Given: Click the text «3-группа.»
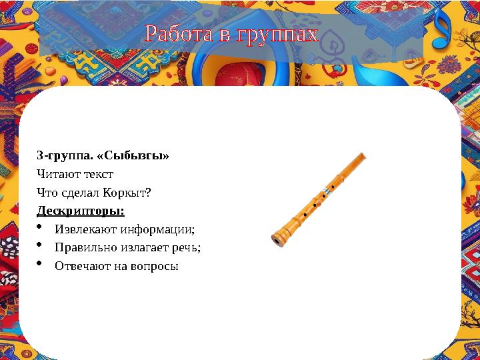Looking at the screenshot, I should [x=59, y=156].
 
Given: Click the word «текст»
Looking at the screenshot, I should [x=98, y=175].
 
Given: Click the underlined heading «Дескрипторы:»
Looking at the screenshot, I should [x=80, y=211].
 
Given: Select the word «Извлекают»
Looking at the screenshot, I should [x=86, y=230].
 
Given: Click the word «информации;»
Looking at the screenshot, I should [x=158, y=230].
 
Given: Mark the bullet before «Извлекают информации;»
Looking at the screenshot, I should [x=41, y=229].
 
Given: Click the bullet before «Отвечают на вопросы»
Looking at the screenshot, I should [x=41, y=265].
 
